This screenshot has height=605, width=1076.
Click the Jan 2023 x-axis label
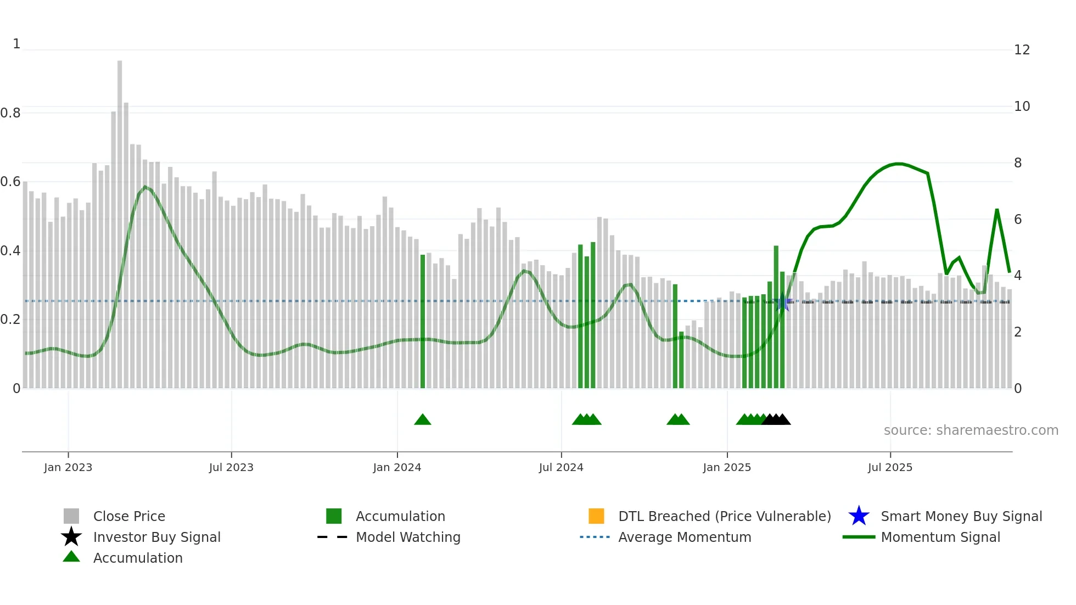(68, 467)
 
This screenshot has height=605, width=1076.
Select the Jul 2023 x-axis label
(231, 467)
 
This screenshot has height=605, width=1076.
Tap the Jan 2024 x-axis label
(397, 467)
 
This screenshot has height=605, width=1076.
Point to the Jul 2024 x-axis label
(561, 467)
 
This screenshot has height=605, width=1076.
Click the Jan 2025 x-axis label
(727, 467)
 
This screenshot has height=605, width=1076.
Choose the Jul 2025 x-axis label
(890, 467)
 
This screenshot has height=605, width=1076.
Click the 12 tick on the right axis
(1022, 50)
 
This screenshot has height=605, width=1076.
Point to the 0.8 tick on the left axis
(10, 113)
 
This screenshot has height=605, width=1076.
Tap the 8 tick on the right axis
(1018, 163)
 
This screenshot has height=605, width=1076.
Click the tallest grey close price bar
(120, 220)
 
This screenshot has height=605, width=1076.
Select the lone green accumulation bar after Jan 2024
(423, 321)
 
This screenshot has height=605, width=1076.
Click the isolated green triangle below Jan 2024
(423, 420)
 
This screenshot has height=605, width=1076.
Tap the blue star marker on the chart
(783, 302)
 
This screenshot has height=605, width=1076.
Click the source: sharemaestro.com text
(971, 430)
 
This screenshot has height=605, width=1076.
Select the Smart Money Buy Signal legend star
(859, 516)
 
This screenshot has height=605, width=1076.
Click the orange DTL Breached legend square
(596, 516)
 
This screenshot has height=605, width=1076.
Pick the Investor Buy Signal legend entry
(156, 537)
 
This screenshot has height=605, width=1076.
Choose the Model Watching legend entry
(407, 537)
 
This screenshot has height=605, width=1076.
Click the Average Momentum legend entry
(684, 537)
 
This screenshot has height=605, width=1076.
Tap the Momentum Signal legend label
(940, 537)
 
